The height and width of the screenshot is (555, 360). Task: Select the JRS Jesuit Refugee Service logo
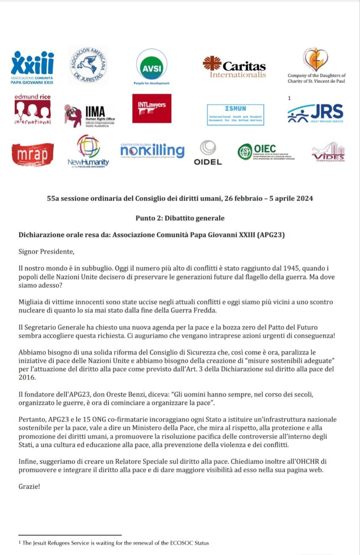315,114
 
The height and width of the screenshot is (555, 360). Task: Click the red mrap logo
33,154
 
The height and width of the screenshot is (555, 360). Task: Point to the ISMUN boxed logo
235,114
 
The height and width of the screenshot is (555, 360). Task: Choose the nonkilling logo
152,151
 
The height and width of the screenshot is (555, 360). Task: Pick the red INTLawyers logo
152,108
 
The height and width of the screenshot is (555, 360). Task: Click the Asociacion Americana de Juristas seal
88,65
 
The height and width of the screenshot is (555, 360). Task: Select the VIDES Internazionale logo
328,153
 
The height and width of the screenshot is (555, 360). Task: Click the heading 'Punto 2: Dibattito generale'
180,218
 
